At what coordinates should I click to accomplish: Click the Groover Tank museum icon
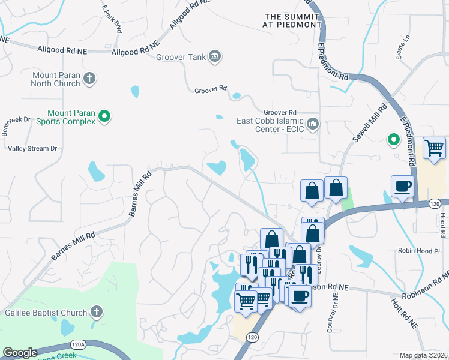pos(215,58)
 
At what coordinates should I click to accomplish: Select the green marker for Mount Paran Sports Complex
pos(104,116)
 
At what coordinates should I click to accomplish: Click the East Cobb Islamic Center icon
pos(312,124)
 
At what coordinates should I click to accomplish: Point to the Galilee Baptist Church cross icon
pos(96,311)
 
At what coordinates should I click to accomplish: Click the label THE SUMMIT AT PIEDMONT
pos(291,20)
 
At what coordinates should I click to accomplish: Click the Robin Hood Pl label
pos(420,250)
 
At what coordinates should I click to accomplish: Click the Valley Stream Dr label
pos(32,148)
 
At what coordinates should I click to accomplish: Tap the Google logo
pos(20,353)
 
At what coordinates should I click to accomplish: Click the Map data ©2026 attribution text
pos(423,355)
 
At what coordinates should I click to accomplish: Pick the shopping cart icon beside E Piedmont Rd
pos(434,148)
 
